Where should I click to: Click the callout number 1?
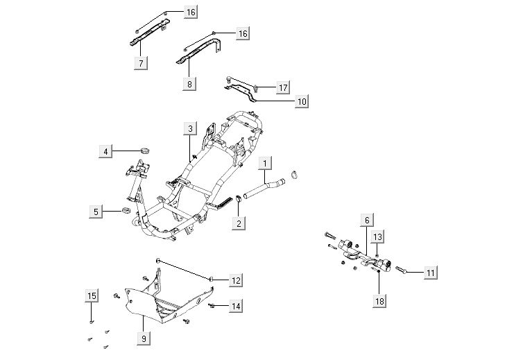coord(265,163)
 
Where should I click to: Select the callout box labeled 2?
coord(239,223)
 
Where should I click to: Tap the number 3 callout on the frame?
coord(189,128)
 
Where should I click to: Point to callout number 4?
coord(105,151)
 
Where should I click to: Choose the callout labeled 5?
coord(97,211)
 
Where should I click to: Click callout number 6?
coord(367,221)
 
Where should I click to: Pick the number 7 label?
coord(141,62)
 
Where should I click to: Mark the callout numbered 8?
coord(189,83)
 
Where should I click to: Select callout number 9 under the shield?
coord(144,339)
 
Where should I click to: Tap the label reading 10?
coord(302,101)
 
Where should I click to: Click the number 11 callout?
coord(431,273)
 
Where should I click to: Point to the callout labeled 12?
coord(236,280)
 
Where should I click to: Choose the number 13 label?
coord(377,237)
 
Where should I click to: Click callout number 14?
coord(236,306)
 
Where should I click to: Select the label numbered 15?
coord(92,296)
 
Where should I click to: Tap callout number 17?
coord(282,87)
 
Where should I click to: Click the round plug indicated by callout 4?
coord(146,150)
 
